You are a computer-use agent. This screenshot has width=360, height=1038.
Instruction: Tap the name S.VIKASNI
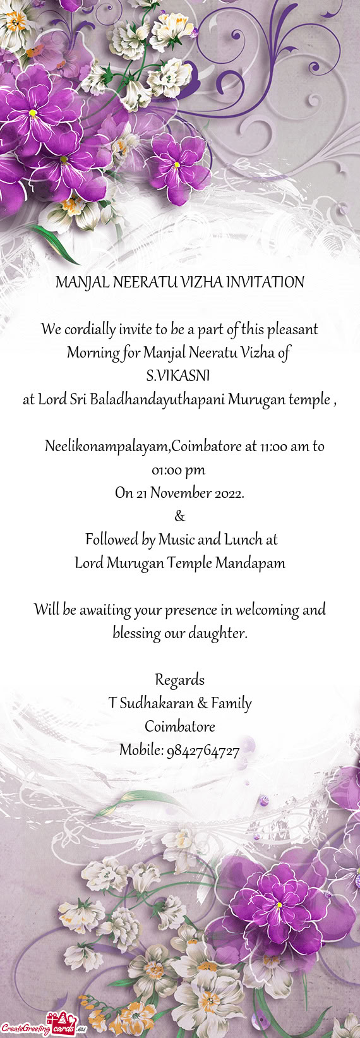pyautogui.click(x=177, y=377)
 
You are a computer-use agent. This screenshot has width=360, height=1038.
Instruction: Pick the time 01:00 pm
pyautogui.click(x=179, y=470)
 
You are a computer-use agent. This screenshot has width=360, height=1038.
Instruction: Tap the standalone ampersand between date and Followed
pyautogui.click(x=180, y=517)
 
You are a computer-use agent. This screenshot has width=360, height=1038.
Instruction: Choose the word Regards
pyautogui.click(x=180, y=680)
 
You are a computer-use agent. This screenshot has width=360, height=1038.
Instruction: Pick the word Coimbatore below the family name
pyautogui.click(x=180, y=727)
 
